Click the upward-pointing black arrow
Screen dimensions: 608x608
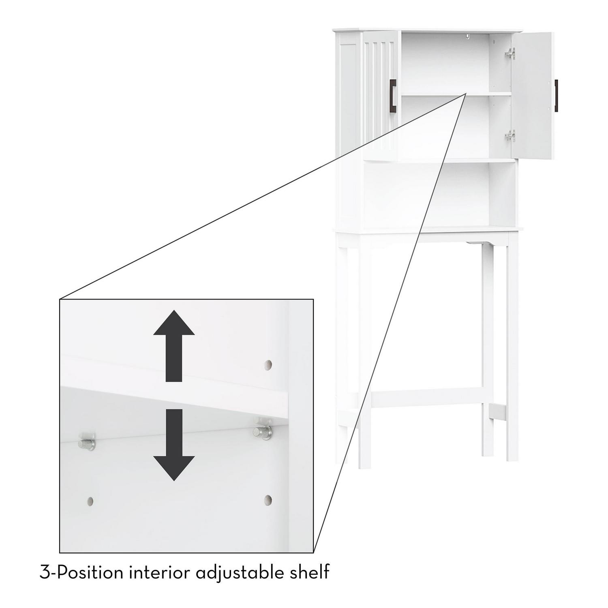coord(174,345)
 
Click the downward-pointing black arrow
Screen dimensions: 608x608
coord(174,445)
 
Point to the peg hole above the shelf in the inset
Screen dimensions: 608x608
coord(268,364)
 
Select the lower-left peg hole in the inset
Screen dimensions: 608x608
coord(90,501)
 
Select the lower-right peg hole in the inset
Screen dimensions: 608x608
coord(268,500)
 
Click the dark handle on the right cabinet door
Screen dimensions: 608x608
coord(556,95)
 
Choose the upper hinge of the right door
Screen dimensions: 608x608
coord(510,53)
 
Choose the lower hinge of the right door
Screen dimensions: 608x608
coord(510,136)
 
